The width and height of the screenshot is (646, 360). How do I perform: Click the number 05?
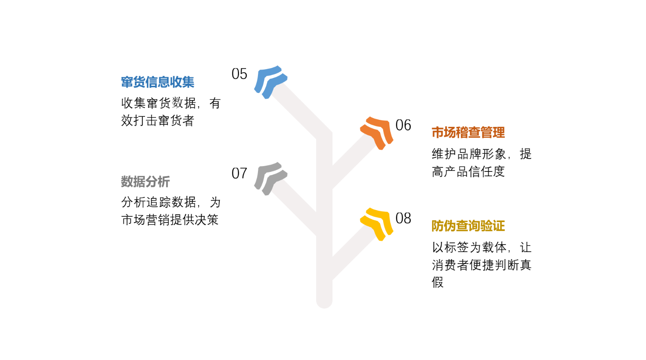[x=239, y=74]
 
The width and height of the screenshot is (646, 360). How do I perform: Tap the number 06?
[x=403, y=125]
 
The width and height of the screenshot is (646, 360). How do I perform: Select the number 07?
[x=239, y=173]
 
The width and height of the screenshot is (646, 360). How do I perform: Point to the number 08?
[x=403, y=218]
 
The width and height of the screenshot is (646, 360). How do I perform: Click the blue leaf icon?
[x=270, y=82]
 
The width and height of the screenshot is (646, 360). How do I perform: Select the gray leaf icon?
[x=270, y=179]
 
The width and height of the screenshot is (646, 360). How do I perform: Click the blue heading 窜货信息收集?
[x=157, y=82]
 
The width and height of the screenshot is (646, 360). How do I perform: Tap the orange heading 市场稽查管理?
[x=468, y=133]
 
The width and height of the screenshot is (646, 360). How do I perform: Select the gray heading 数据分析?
[x=146, y=182]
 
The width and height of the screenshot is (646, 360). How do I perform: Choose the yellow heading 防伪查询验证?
[x=468, y=226]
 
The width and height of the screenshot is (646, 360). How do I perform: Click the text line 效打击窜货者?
[x=157, y=120]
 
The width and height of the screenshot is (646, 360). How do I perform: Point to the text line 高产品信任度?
[x=468, y=171]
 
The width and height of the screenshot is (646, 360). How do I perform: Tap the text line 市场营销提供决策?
[x=170, y=220]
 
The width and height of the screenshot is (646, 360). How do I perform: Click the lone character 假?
[x=437, y=282]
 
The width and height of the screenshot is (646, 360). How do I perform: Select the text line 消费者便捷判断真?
[x=482, y=265]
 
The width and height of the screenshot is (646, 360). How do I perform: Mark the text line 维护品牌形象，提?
[x=482, y=154]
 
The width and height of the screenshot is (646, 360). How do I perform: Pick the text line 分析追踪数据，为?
[x=171, y=202]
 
